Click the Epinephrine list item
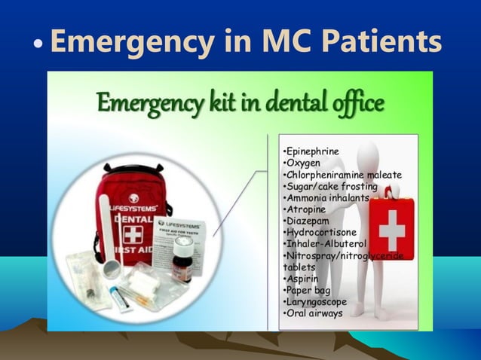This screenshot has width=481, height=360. click(310, 151)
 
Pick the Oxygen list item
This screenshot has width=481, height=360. click(302, 163)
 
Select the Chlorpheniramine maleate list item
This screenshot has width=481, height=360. click(342, 175)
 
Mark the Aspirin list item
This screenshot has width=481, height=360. click(301, 279)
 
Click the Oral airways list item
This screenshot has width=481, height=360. click(312, 313)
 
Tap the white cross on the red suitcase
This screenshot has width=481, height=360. click(392, 230)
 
